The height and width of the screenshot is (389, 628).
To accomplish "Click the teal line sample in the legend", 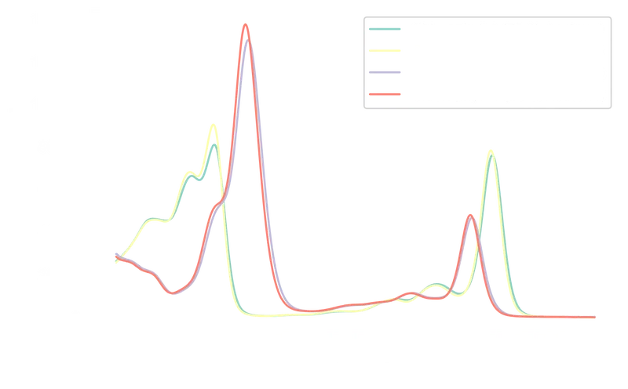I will (x=386, y=29).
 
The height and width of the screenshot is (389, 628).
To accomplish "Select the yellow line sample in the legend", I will (x=386, y=51).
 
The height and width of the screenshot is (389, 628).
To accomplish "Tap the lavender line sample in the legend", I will (x=386, y=73).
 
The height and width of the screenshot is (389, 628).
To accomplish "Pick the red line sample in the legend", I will (x=386, y=95).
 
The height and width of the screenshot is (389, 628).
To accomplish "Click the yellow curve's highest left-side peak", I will (x=212, y=123).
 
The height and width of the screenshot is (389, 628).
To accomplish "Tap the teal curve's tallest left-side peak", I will (x=213, y=142).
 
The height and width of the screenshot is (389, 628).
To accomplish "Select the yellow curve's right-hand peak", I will (x=490, y=147).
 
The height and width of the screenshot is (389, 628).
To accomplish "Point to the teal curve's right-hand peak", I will (x=493, y=156).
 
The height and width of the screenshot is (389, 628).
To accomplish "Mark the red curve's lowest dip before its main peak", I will (x=170, y=294).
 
